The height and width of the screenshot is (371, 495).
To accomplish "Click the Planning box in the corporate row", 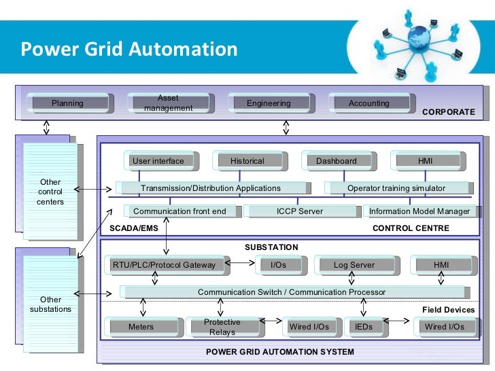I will [x=68, y=103].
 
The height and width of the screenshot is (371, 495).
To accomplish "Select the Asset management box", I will [x=168, y=103].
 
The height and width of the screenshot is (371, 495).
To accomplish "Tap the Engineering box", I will [x=269, y=103].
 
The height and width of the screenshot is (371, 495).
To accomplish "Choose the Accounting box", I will [x=369, y=103].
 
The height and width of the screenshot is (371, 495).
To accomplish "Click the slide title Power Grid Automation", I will [x=129, y=50].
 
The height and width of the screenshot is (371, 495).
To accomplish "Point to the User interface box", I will [x=158, y=161].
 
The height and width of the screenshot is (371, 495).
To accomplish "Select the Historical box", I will [x=247, y=161].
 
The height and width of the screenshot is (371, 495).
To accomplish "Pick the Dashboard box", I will [x=337, y=161].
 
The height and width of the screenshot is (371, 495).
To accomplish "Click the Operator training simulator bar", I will [x=396, y=188].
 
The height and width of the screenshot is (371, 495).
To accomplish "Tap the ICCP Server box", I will [x=300, y=211].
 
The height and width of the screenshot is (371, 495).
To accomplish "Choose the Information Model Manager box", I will [x=419, y=211].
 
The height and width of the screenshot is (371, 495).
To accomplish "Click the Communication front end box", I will [x=180, y=211].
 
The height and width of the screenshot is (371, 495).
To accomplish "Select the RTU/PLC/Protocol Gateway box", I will [x=164, y=265].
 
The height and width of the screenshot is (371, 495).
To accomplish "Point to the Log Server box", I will [x=354, y=265].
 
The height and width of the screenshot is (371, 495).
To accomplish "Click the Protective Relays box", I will [x=222, y=327].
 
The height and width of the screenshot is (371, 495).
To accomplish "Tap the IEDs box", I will [x=364, y=327].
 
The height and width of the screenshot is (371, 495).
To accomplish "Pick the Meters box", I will [x=141, y=327].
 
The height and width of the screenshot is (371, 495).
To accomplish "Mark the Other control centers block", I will [x=50, y=192].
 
